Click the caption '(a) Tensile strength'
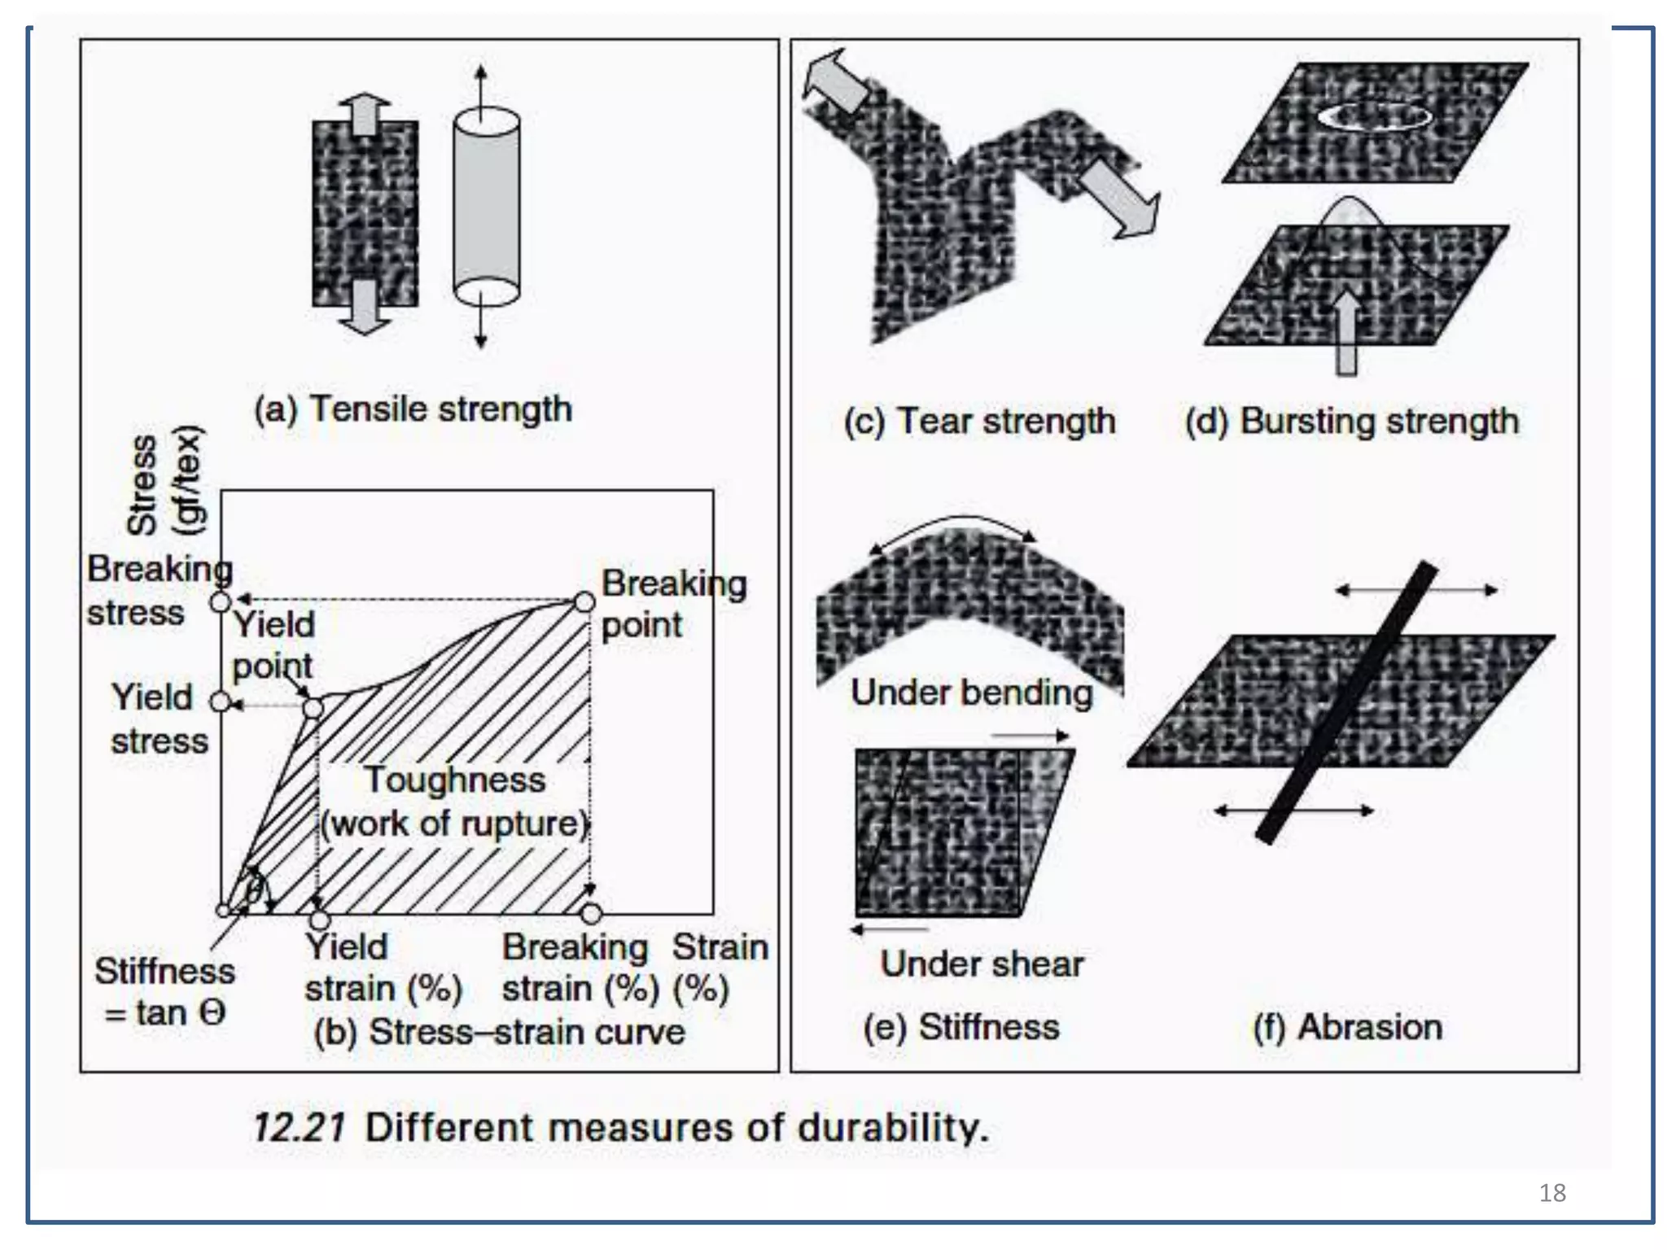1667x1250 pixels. coord(413,409)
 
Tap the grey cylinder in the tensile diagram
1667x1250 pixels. coord(486,208)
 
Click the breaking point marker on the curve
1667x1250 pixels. coord(584,602)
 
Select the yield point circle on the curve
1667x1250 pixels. coord(313,707)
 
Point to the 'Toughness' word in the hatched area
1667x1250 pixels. coord(454,780)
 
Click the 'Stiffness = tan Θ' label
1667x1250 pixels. coord(164,991)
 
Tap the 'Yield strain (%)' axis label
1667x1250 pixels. coord(383,968)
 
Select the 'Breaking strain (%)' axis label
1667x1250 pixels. coord(576,968)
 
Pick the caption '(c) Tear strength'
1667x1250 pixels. coord(979,422)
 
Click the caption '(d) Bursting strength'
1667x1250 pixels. coord(1352,422)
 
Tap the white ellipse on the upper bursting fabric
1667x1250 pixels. coord(1375,116)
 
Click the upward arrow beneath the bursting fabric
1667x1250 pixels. coord(1346,332)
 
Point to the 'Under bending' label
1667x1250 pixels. coord(971,693)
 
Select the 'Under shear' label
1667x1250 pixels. coord(982,964)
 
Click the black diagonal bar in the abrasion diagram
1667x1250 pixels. coord(1345,701)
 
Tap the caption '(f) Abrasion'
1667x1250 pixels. coord(1347,1027)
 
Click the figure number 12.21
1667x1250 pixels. coord(299,1128)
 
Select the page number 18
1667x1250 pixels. coord(1552,1193)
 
